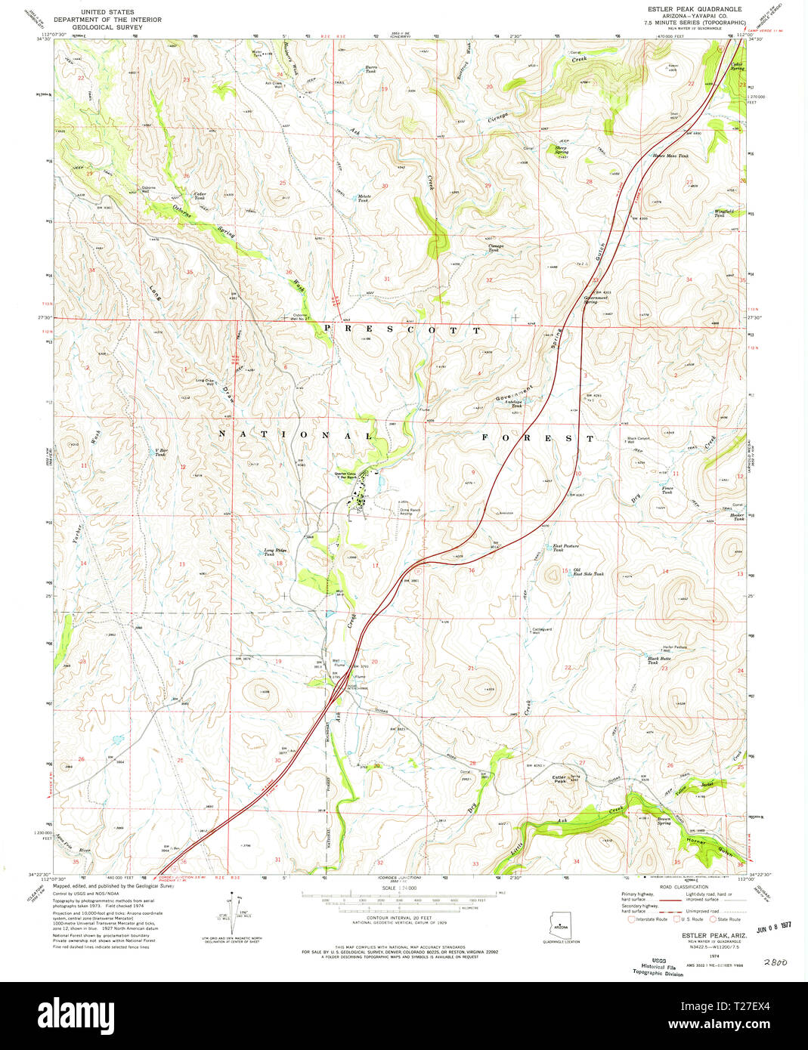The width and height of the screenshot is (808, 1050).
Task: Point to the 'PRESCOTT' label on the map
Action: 402,330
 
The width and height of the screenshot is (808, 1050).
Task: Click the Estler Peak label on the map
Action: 560,779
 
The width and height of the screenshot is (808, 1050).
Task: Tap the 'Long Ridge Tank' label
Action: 274,552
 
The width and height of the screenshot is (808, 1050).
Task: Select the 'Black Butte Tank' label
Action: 658,660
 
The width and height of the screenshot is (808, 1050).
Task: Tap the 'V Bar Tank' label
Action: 160,452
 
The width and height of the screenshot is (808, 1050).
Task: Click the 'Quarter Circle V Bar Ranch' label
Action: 352,477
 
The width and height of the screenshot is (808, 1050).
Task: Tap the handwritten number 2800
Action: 775,962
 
